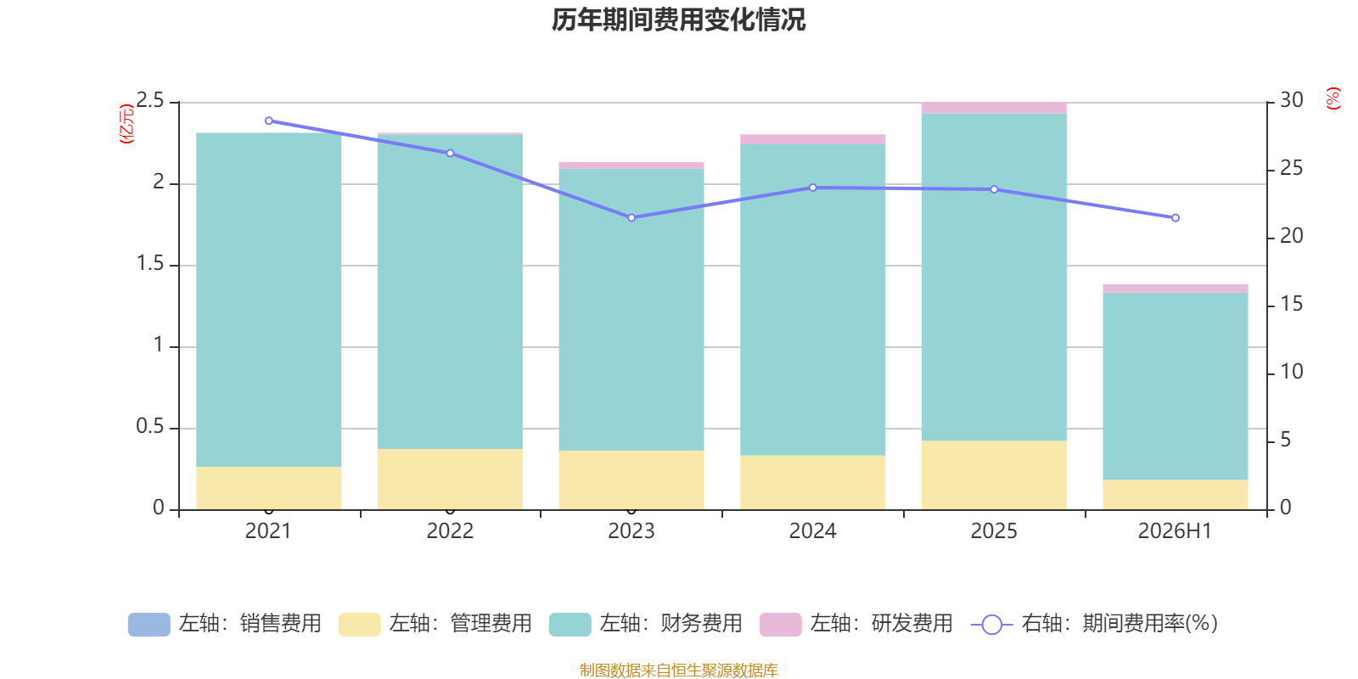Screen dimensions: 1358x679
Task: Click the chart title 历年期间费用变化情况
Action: coord(678,20)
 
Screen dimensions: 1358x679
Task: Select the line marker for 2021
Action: coord(268,121)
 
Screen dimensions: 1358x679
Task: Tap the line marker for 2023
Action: coord(631,217)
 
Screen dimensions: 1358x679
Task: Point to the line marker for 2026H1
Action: coord(1175,217)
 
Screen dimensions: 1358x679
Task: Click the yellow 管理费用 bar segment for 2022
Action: coord(450,479)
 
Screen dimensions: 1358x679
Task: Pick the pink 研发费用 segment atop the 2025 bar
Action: coord(994,108)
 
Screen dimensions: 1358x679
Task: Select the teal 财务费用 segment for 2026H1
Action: coord(1175,386)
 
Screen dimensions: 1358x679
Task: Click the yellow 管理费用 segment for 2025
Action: coord(994,474)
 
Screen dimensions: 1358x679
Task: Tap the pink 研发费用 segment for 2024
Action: coord(812,139)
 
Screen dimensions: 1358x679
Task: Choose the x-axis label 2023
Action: coord(631,531)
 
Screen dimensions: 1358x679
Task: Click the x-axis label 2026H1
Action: coord(1175,531)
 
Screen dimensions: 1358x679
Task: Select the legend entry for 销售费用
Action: coord(225,624)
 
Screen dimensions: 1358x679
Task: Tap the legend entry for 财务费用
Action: coord(646,624)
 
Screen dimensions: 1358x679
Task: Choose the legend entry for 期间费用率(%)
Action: coord(1095,624)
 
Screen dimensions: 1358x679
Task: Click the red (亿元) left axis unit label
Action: coord(126,124)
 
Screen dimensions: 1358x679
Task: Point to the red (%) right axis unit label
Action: coord(1333,98)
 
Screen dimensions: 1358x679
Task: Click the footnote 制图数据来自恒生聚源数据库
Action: coord(678,670)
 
